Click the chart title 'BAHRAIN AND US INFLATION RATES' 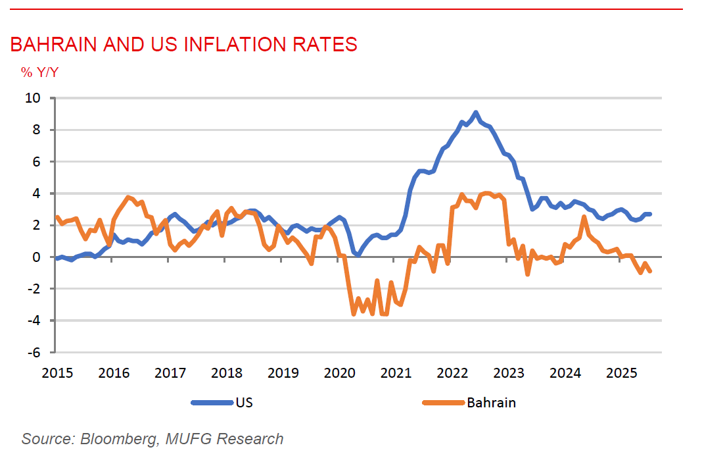coord(183,45)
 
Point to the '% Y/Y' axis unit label coord(39,72)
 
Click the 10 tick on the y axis coord(33,98)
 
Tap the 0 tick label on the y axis coord(37,257)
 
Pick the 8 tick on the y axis coord(37,130)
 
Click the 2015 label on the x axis coord(57,374)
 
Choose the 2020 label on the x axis coord(339,374)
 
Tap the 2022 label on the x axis coord(452,374)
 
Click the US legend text coord(244,403)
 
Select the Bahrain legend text coord(491,403)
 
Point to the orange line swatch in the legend coord(442,403)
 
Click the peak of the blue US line coord(476,113)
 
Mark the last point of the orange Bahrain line coord(650,271)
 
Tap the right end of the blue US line coord(650,214)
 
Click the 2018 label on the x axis coord(226,374)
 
